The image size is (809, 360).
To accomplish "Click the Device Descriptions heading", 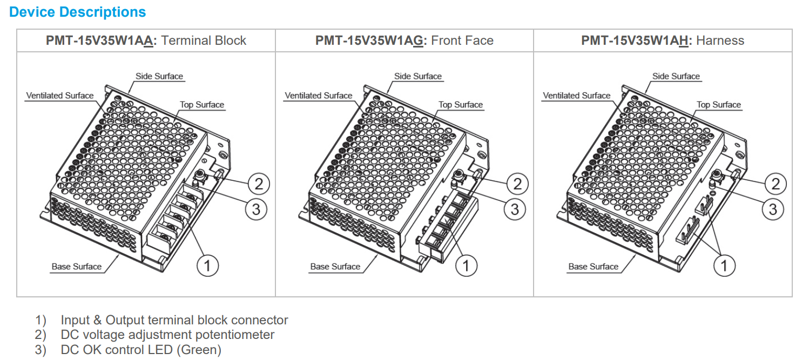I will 78,12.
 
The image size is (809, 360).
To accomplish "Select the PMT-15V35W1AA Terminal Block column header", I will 146,40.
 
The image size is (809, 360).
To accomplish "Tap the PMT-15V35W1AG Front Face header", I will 404,40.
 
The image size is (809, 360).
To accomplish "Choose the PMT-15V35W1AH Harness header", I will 663,40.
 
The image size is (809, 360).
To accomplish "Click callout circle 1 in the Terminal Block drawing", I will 207,265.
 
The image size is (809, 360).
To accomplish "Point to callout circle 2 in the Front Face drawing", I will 517,184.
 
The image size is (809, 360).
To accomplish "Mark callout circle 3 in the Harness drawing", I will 773,209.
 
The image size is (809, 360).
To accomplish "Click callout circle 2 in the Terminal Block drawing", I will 259,184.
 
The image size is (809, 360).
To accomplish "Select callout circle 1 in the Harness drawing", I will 724,265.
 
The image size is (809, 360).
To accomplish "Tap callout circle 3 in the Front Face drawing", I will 515,209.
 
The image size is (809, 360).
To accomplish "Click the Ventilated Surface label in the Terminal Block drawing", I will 60,96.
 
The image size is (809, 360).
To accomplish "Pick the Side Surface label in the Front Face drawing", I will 418,76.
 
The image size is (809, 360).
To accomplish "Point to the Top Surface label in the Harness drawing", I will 719,105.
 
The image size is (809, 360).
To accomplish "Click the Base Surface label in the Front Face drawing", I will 335,267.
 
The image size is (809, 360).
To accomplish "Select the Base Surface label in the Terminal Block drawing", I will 77,267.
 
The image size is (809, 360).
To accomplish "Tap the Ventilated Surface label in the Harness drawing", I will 576,96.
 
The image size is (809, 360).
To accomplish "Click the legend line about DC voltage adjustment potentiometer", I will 167,335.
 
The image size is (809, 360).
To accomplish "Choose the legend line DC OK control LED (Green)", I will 141,350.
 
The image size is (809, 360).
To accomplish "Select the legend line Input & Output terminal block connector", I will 174,320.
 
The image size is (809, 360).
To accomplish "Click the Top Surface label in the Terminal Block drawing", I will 202,105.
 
